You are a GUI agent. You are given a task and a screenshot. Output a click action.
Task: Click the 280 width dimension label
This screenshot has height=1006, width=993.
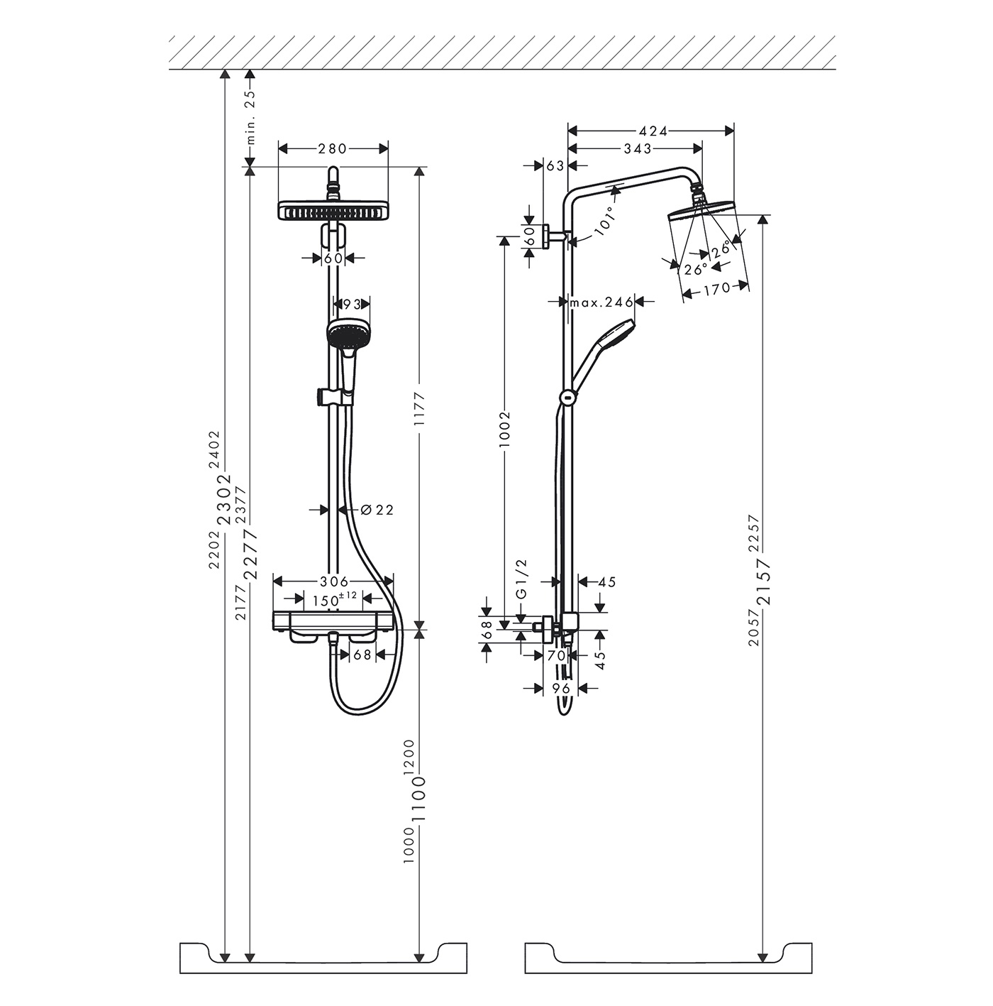[x=332, y=149]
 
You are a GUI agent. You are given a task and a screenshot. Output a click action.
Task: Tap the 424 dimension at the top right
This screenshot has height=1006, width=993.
[x=653, y=131]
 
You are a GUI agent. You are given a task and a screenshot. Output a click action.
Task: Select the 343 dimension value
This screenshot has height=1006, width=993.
[x=638, y=148]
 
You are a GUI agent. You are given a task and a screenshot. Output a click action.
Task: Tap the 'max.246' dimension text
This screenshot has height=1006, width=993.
[x=601, y=302]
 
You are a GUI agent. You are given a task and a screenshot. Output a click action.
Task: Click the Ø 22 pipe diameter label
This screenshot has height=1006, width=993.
[x=377, y=510]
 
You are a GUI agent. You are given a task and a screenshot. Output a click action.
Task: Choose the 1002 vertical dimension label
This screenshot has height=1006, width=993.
[x=505, y=430]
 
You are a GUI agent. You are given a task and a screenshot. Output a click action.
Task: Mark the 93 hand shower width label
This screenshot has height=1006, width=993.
[x=352, y=304]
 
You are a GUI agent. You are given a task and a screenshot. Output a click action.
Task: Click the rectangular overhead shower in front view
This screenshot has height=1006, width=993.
[x=333, y=211]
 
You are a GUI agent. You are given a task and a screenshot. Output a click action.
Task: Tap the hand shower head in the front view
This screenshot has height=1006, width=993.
[x=348, y=331]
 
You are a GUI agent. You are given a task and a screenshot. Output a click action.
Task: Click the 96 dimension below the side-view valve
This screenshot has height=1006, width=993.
[x=561, y=689]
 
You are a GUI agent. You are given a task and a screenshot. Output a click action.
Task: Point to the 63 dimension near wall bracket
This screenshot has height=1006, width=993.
[x=555, y=165]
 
